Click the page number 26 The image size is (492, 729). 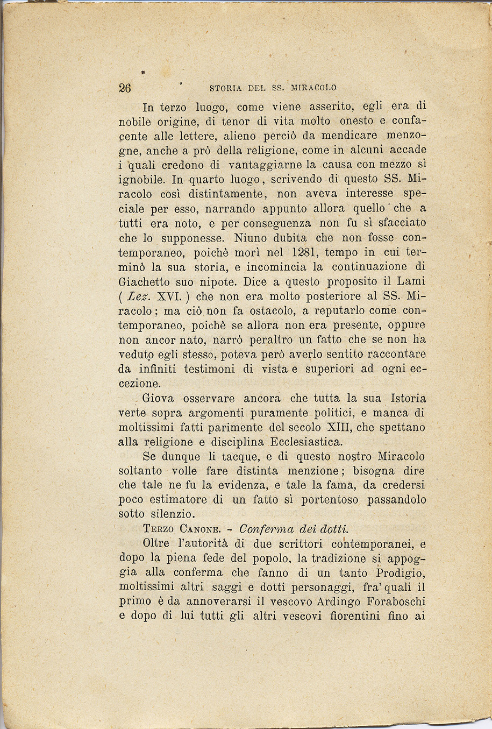coord(125,88)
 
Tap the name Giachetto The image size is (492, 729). coord(144,281)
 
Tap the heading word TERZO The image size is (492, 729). coord(161,529)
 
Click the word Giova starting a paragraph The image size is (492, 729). coord(158,399)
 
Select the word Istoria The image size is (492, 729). coord(408,399)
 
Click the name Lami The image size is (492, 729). coord(411,281)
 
